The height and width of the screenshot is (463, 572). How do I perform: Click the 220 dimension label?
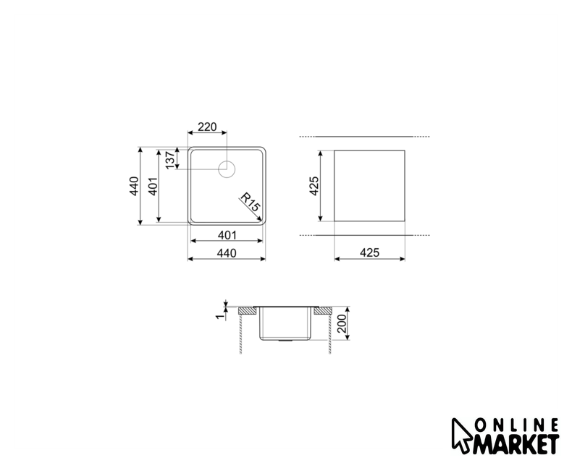tap(207, 127)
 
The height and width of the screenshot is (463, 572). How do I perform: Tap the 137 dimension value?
tap(170, 161)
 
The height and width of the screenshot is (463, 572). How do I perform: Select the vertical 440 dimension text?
tap(134, 186)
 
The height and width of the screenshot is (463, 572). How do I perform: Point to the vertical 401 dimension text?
tap(153, 186)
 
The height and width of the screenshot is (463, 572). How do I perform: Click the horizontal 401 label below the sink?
tap(227, 236)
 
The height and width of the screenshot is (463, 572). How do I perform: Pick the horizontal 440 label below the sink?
tap(227, 253)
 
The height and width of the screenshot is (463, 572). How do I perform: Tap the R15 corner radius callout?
tap(250, 202)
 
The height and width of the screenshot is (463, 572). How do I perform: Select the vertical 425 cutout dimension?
tap(314, 186)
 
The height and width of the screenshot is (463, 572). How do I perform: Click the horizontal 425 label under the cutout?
tap(369, 252)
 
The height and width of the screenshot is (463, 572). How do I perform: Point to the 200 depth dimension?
tap(342, 323)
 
